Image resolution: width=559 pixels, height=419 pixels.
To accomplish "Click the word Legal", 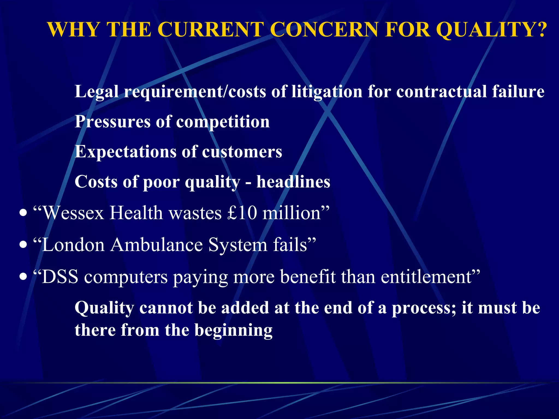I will tap(97, 92).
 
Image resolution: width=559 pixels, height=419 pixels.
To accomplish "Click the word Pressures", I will tap(112, 122).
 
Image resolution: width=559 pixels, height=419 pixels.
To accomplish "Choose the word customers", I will tap(242, 152).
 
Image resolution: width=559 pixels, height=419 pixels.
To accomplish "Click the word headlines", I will tap(293, 182).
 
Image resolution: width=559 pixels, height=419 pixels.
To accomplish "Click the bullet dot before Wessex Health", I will tap(23, 213).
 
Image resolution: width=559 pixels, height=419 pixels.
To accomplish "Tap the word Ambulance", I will tap(157, 245).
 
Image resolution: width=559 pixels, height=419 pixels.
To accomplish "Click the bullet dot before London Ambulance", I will tap(23, 245).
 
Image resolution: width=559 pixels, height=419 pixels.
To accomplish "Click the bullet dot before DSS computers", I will tap(23, 277).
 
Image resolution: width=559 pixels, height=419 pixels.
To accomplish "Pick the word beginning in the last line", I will tap(233, 331).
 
